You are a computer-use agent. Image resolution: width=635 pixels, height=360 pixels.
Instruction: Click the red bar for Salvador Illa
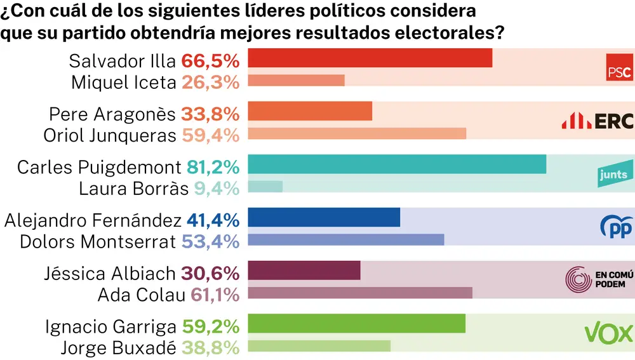coord(370,58)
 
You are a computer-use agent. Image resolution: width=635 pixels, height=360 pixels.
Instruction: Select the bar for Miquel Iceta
coord(296,81)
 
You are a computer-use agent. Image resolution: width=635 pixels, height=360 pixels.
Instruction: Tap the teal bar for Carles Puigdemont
coord(397,164)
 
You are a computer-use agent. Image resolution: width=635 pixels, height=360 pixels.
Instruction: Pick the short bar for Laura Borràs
coord(265,187)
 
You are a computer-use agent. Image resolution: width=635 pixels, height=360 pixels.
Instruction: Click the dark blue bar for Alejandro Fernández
coord(324,218)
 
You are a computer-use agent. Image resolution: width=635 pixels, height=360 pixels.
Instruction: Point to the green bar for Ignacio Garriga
coord(356,324)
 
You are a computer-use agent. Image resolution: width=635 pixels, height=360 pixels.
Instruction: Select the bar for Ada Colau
coord(360,293)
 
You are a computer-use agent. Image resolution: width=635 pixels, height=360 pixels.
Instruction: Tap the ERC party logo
coord(597,121)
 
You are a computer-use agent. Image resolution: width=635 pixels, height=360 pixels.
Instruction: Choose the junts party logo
coord(613,175)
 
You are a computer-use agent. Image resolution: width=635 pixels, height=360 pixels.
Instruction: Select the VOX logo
coord(608,333)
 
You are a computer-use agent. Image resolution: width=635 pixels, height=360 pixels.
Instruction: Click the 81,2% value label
coord(213,168)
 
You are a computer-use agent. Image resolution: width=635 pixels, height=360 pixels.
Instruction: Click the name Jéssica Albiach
coord(109,274)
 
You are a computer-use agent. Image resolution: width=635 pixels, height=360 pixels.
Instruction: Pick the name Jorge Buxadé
coord(118,348)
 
